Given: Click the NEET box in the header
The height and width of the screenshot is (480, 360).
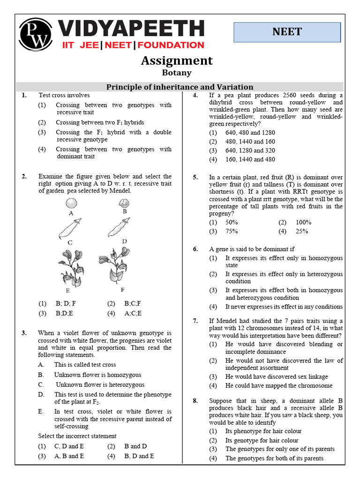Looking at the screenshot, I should tap(287, 32).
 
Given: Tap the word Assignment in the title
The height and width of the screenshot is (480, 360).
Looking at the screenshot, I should tap(177, 60).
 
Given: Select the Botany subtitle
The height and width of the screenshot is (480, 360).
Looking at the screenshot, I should tap(177, 72).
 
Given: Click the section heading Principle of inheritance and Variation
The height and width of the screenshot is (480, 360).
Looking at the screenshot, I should tap(180, 87).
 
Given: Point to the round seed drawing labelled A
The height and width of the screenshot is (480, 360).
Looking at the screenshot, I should tap(71, 203).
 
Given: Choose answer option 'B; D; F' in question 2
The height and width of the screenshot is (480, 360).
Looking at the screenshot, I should tap(66, 303).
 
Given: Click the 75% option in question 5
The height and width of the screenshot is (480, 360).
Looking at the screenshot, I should tap(232, 231).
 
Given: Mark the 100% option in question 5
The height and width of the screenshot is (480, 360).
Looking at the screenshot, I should tap(303, 222).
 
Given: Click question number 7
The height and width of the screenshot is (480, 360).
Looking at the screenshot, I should tap(195, 321).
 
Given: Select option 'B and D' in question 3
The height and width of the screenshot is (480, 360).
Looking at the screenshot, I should tap(135, 446).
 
